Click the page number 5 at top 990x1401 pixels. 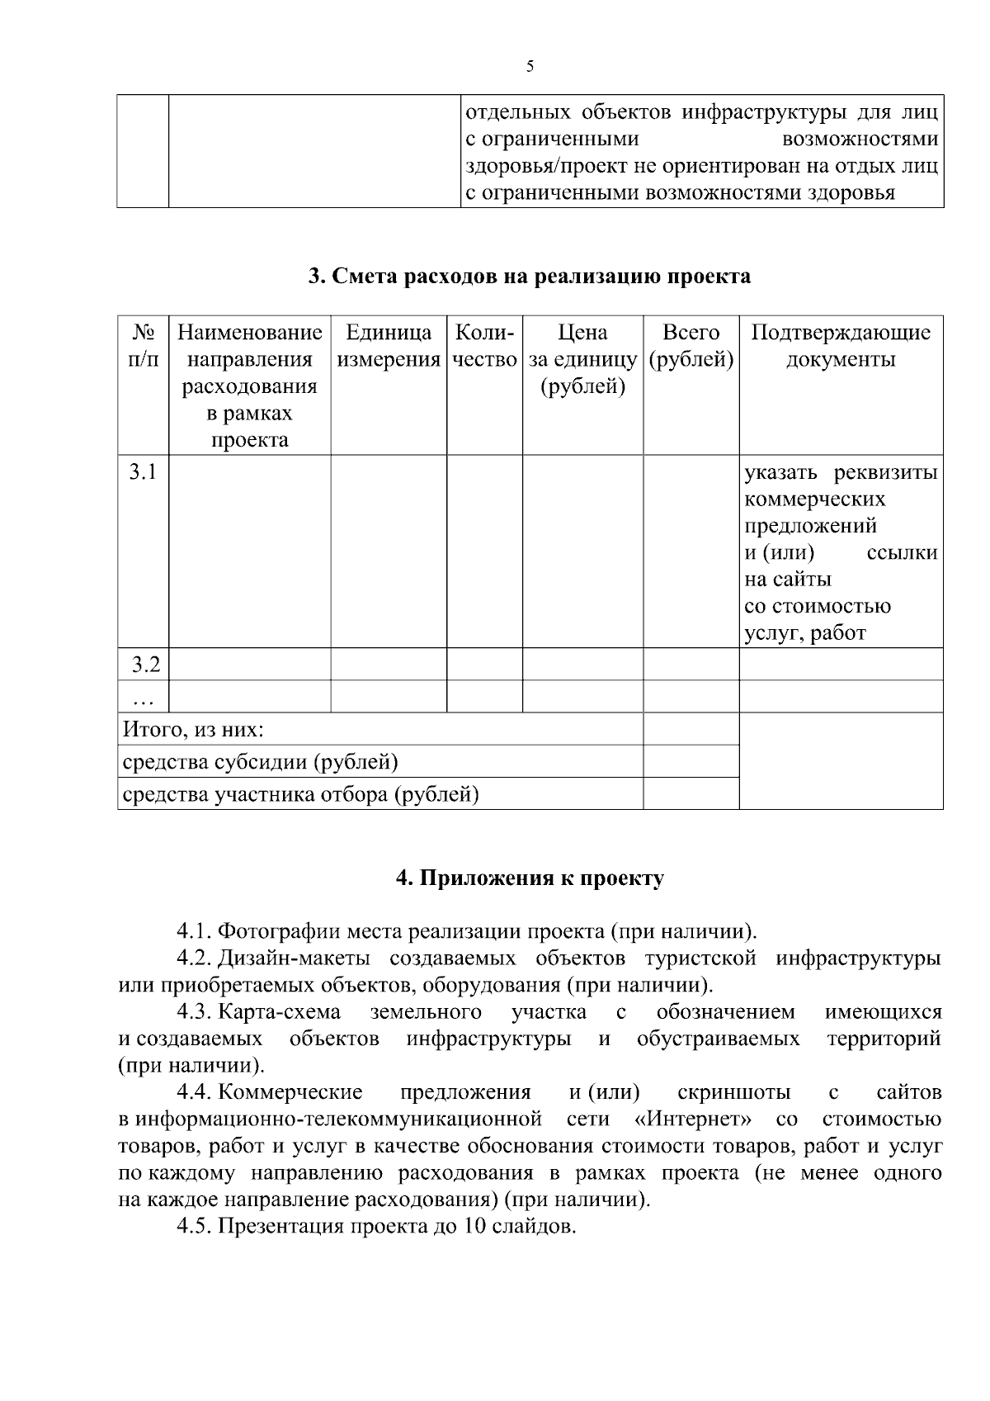click(530, 67)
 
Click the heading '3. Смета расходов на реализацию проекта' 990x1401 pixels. click(530, 276)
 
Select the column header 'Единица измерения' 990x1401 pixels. click(389, 346)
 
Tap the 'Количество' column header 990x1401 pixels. click(484, 346)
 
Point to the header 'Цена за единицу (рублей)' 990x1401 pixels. click(582, 359)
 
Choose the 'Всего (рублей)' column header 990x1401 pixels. click(691, 346)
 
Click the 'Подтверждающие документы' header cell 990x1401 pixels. click(841, 346)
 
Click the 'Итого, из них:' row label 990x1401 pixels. click(193, 730)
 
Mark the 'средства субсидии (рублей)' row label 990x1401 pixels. click(260, 762)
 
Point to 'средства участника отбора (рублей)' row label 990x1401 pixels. click(300, 795)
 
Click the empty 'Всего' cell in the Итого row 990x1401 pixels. click(691, 729)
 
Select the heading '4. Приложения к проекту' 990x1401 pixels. click(530, 878)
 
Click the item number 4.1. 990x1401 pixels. click(195, 932)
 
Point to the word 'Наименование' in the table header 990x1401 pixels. click(249, 333)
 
